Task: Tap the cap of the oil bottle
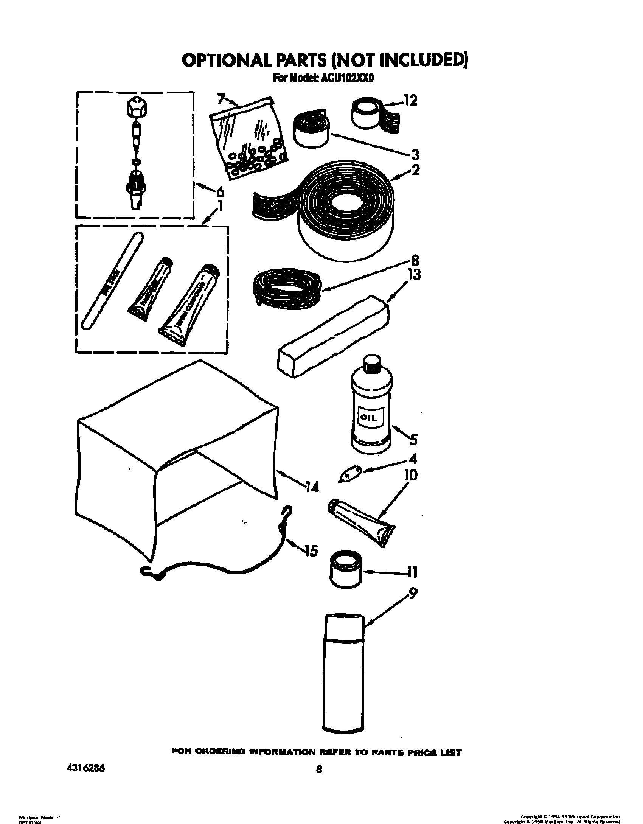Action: tap(371, 365)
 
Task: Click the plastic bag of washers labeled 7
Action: tap(250, 138)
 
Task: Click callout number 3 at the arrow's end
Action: tap(415, 155)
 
